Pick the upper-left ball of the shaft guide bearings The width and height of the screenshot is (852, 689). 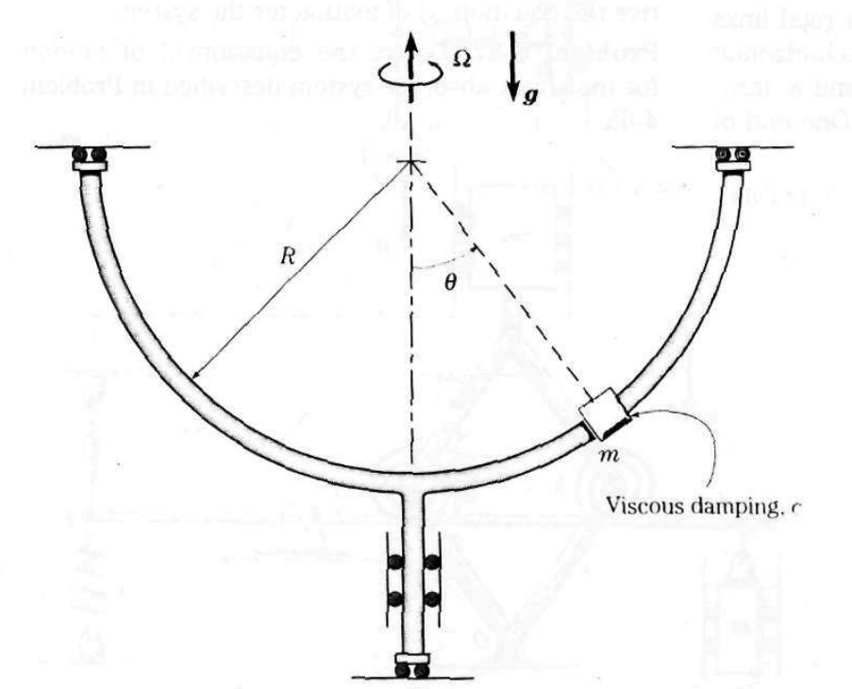coord(392,563)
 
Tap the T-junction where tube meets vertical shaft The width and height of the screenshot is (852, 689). coord(412,480)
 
